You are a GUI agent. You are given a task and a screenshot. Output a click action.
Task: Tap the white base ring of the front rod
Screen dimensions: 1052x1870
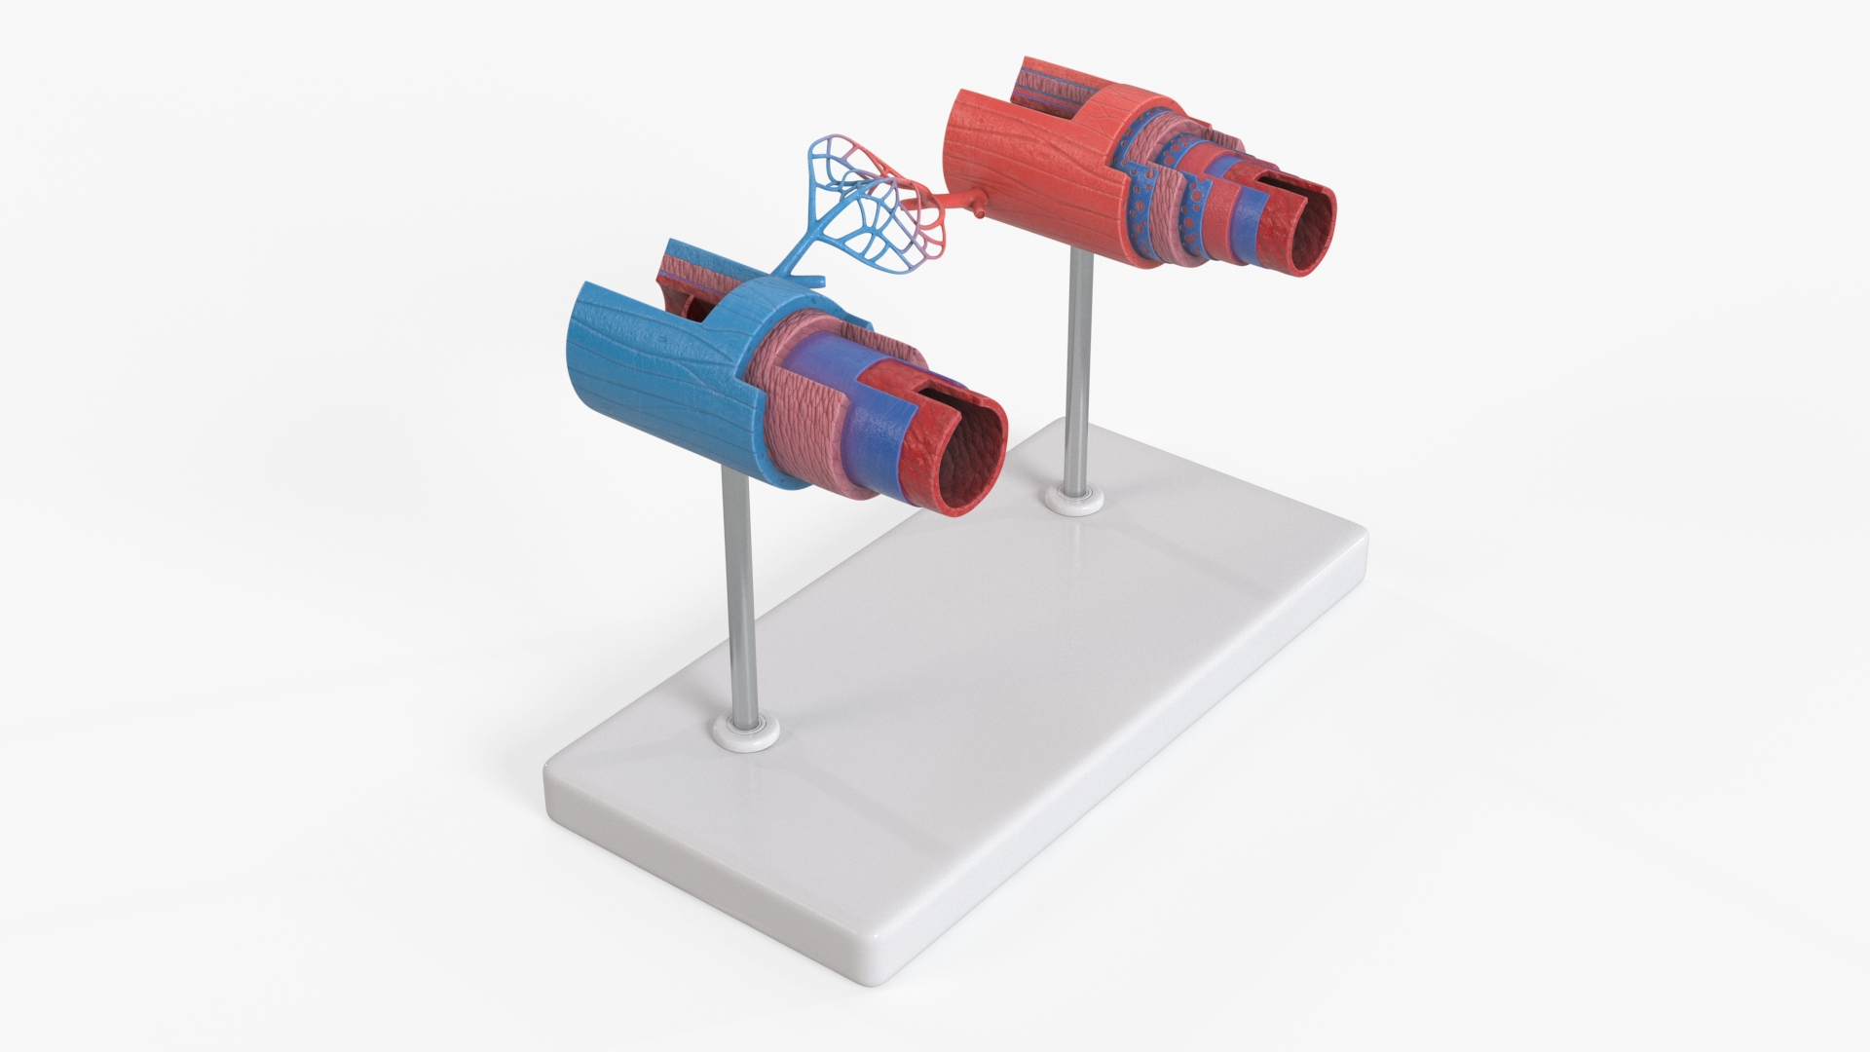click(748, 733)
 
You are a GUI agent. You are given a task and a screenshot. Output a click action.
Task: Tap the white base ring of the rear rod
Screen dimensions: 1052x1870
click(1075, 502)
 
